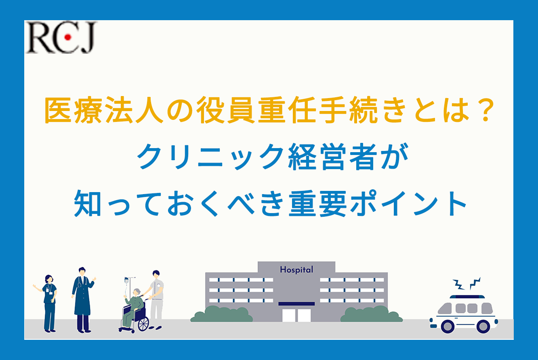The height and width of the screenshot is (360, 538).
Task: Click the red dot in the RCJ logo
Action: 68,37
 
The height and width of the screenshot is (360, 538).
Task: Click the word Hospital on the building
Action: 296,270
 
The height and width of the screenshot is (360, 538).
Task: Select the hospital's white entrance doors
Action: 296,315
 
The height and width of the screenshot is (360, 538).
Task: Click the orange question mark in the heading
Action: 485,110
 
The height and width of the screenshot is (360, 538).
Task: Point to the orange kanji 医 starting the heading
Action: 58,110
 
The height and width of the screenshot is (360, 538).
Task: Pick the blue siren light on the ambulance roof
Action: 467,297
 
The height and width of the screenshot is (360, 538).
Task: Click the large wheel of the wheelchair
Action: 143,324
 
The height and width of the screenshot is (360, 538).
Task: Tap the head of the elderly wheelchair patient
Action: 137,293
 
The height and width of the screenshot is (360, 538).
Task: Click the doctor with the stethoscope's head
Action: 82,272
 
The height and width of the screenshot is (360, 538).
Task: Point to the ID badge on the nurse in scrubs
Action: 48,290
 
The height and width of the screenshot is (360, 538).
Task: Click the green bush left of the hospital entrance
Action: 221,314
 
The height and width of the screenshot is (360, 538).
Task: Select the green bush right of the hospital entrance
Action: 372,314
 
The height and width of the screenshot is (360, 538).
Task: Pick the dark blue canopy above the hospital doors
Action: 296,304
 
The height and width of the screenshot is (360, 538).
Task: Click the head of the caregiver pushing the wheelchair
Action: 156,274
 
